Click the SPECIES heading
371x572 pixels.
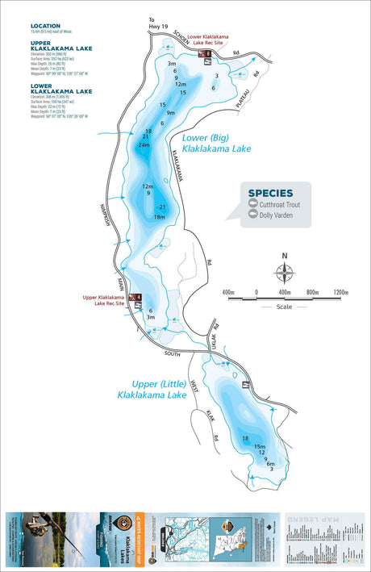click(270, 193)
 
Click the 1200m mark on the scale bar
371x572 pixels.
click(340, 292)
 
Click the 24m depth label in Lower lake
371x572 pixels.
click(144, 145)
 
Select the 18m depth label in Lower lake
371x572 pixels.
click(159, 217)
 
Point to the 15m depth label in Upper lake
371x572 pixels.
click(259, 446)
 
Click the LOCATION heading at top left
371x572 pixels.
click(45, 26)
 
